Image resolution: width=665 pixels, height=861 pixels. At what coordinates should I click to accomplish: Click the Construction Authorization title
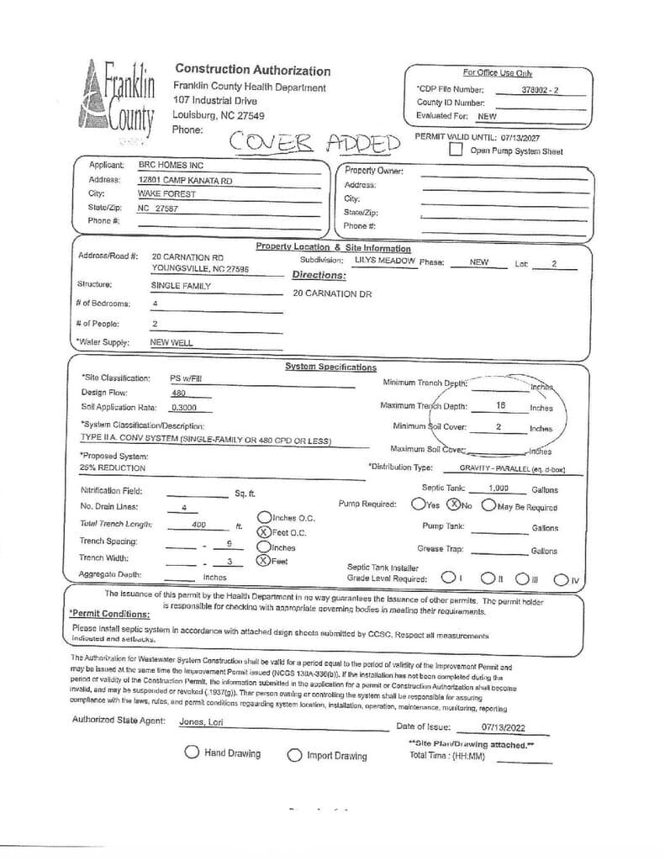tap(252, 71)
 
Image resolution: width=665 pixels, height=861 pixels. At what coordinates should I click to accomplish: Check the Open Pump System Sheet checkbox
tap(456, 151)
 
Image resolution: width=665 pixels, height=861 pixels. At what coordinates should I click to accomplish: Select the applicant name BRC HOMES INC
tap(171, 166)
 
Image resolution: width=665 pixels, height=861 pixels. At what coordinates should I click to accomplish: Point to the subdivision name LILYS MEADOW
tap(385, 261)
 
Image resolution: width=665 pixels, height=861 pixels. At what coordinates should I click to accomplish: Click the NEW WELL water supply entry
tap(172, 343)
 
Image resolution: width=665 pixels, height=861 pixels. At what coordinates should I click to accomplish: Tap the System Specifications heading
tap(330, 367)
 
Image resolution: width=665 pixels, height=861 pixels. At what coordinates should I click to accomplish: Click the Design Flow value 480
tap(178, 393)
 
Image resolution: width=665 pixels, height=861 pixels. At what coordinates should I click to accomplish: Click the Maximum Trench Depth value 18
tap(500, 405)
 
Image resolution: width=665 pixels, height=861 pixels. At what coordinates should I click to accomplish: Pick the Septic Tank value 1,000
tap(499, 489)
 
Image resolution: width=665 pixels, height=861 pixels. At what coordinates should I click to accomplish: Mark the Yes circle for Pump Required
tap(418, 504)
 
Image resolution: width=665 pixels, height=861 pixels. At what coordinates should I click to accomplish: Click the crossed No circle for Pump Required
tap(453, 504)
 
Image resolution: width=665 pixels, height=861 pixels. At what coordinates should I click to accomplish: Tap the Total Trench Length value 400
tap(199, 525)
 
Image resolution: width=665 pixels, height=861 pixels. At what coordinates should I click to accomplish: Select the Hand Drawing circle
tap(192, 753)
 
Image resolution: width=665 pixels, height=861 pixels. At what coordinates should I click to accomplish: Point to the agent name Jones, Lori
tap(203, 721)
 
